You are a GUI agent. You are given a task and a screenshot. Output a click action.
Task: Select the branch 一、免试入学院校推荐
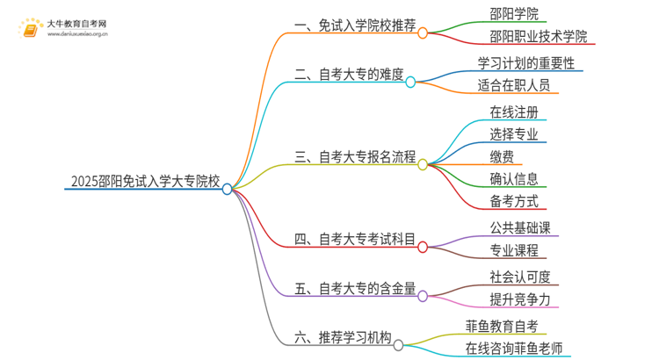click(x=354, y=27)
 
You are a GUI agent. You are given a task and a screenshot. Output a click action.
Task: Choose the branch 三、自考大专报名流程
click(x=355, y=157)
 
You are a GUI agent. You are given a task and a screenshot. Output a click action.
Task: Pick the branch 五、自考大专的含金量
click(x=355, y=287)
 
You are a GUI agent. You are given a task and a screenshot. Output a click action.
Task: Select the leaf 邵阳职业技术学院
click(x=539, y=36)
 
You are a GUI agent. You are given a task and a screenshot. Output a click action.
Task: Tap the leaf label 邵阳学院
click(x=514, y=13)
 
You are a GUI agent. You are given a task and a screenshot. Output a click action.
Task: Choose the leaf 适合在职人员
click(x=513, y=85)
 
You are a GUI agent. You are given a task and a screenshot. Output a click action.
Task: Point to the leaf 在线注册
click(x=514, y=112)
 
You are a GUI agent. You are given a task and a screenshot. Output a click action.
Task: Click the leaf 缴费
click(x=502, y=156)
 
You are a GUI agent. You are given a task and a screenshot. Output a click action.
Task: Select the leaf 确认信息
click(x=514, y=179)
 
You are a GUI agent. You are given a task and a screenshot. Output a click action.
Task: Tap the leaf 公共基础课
click(x=520, y=228)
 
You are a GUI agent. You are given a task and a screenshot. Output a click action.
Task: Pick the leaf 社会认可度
click(x=520, y=277)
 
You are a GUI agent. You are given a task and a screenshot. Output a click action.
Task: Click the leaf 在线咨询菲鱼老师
click(x=514, y=349)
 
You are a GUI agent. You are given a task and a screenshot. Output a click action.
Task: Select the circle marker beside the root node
click(x=228, y=188)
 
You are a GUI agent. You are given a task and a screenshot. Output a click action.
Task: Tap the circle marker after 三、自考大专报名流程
click(x=423, y=164)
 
